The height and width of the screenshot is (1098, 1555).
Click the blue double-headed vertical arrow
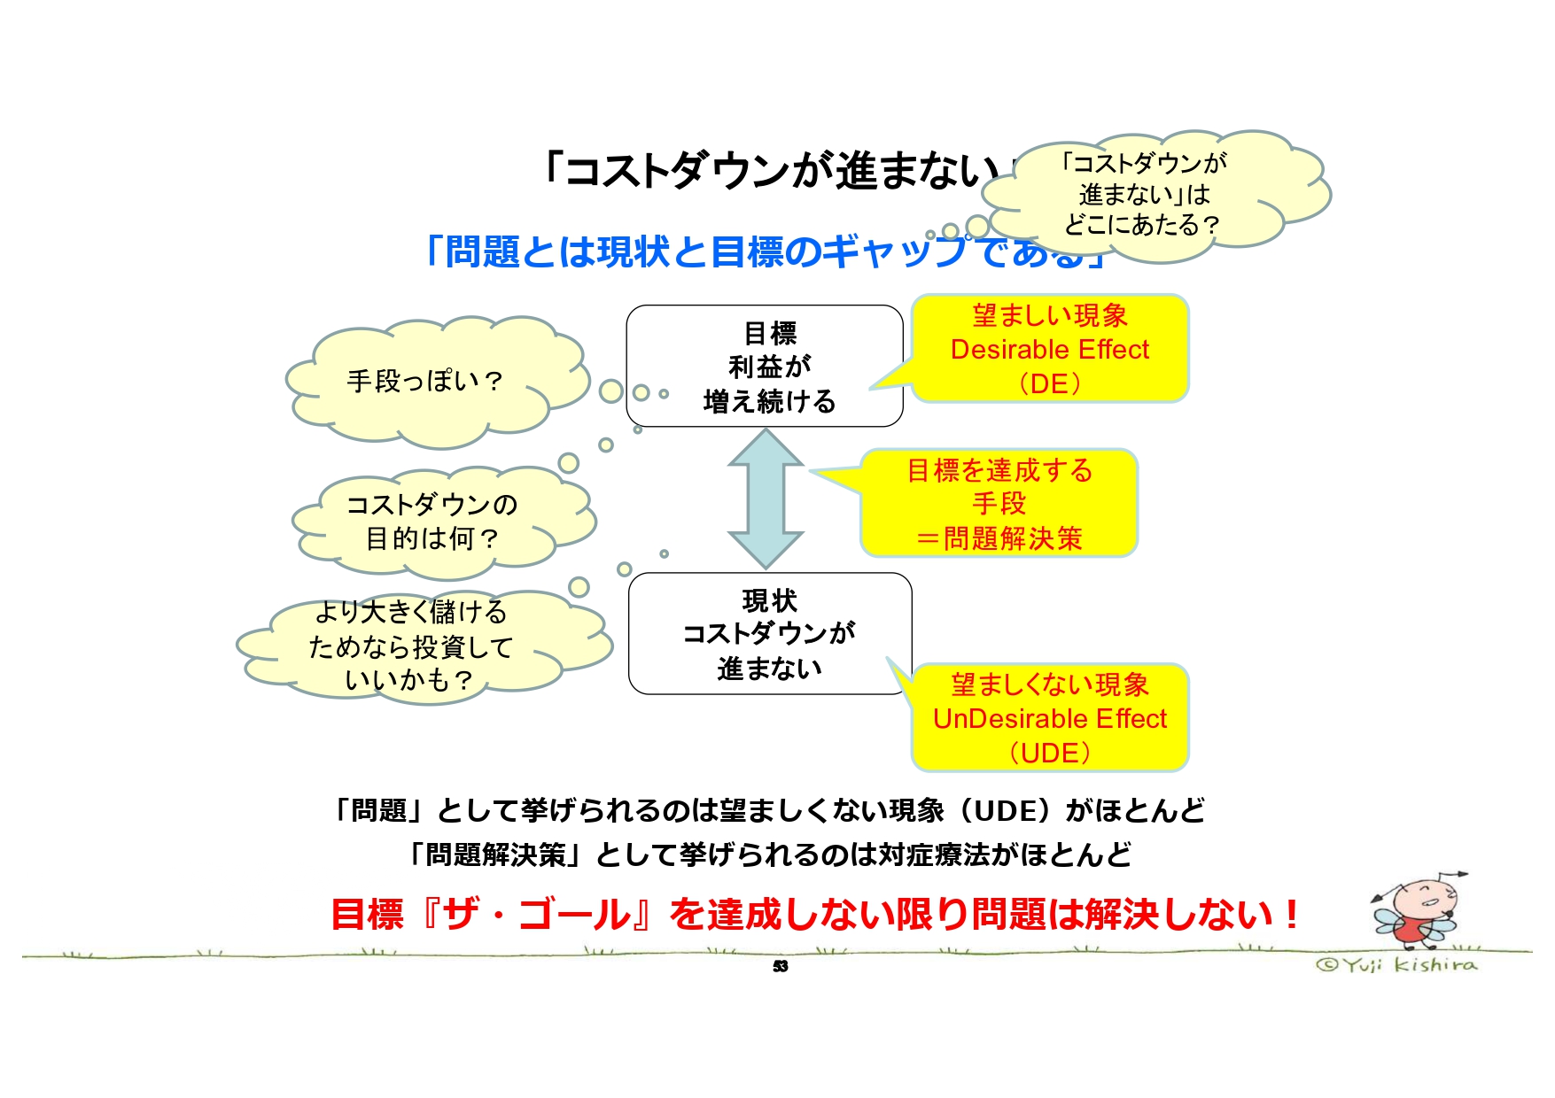coord(766,499)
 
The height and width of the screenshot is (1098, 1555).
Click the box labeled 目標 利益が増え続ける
coord(764,367)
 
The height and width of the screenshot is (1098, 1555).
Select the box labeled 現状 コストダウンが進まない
coord(769,634)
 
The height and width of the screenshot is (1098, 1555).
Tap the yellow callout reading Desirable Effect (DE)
coord(1049,349)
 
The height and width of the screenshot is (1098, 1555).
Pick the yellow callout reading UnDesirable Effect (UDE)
coord(1049,718)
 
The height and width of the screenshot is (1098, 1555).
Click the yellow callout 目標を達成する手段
coord(999,504)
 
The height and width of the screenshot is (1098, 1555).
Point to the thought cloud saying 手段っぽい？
coord(425,382)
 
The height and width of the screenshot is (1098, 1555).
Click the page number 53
coord(780,966)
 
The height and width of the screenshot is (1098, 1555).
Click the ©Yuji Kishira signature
coord(1396,964)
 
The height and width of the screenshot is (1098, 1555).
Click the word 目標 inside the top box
coord(770,334)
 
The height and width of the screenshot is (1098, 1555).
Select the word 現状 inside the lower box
coord(769,601)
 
